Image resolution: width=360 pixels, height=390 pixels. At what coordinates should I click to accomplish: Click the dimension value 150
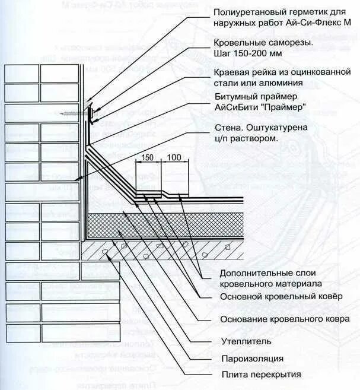pyautogui.click(x=147, y=157)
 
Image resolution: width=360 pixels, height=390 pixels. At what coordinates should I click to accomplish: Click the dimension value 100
pyautogui.click(x=174, y=157)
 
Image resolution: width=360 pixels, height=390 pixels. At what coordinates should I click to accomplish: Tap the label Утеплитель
pyautogui.click(x=246, y=341)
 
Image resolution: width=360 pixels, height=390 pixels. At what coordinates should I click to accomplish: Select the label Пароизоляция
pyautogui.click(x=251, y=358)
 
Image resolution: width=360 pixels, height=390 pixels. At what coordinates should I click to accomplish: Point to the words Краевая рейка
pyautogui.click(x=242, y=72)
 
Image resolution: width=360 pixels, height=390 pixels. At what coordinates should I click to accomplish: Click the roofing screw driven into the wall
pyautogui.click(x=74, y=112)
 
